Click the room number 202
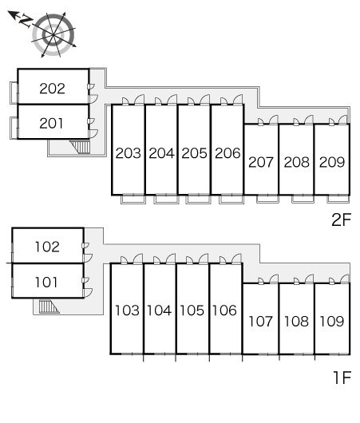click(53, 89)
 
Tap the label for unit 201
click(51, 123)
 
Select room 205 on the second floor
click(194, 153)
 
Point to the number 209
click(332, 162)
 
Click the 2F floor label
click(342, 219)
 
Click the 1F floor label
click(342, 378)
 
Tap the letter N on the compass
click(26, 21)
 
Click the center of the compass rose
click(53, 34)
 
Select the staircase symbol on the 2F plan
click(80, 147)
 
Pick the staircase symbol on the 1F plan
click(49, 306)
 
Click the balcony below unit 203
click(133, 199)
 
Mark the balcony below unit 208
click(303, 199)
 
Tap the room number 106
click(224, 310)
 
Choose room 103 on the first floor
click(127, 310)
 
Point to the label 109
click(332, 322)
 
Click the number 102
click(47, 247)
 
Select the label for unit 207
click(261, 162)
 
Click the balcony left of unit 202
click(14, 93)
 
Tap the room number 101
click(46, 283)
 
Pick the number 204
click(161, 153)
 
